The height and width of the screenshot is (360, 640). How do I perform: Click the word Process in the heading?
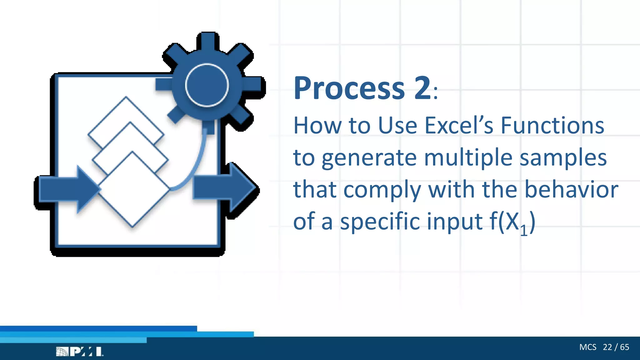pos(349,89)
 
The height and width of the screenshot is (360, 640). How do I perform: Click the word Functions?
pos(552,126)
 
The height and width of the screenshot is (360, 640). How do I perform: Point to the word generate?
pos(369,158)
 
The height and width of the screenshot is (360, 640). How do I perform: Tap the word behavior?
pos(571,189)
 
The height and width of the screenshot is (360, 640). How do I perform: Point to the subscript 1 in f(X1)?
pos(524,231)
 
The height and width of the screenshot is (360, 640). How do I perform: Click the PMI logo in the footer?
pos(80,352)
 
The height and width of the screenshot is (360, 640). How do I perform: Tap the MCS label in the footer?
pos(587,347)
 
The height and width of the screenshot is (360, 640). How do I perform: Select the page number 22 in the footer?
pos(607,347)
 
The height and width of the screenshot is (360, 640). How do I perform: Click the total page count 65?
pos(625,347)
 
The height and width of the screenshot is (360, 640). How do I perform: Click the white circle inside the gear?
pos(207,85)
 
